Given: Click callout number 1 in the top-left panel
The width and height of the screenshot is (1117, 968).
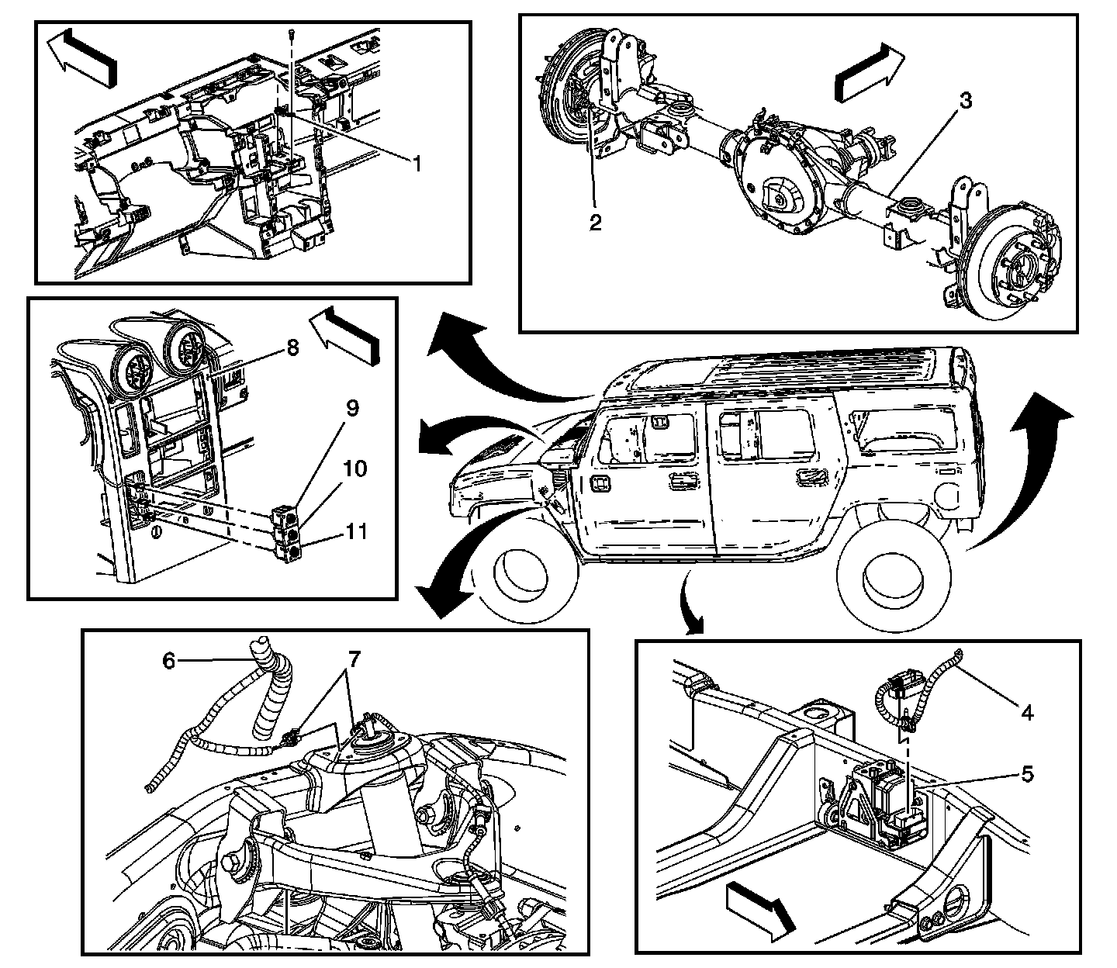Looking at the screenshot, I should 417,164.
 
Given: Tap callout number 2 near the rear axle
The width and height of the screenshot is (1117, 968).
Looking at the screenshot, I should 595,223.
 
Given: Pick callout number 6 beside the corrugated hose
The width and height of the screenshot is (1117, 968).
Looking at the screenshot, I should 169,660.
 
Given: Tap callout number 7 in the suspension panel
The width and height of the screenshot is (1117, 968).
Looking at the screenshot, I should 354,660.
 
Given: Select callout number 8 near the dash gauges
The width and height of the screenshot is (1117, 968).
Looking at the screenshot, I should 292,347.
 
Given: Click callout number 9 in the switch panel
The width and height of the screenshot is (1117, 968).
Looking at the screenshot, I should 353,409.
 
